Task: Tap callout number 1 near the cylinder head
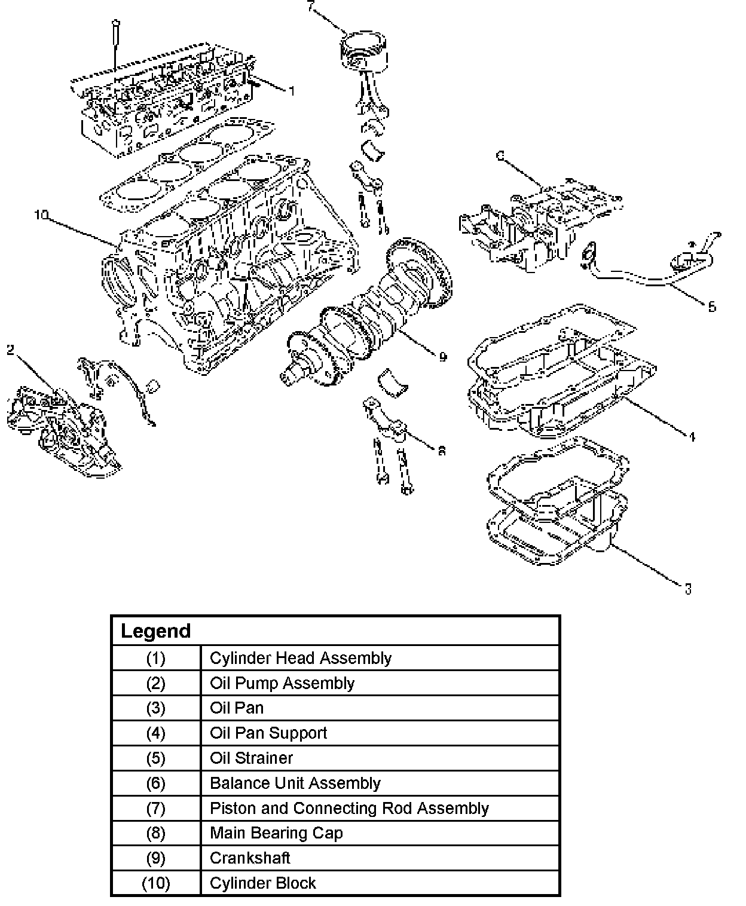click(x=292, y=91)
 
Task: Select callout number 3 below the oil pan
click(x=688, y=589)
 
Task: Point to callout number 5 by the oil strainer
click(x=712, y=307)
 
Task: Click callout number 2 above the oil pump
click(x=10, y=350)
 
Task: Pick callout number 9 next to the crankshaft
click(x=442, y=357)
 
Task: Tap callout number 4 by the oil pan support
click(x=692, y=437)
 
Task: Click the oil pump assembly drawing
click(x=63, y=430)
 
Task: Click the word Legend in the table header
click(x=155, y=631)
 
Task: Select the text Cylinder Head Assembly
click(x=300, y=658)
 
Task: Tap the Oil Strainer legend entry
click(x=251, y=758)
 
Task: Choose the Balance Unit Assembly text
click(x=295, y=783)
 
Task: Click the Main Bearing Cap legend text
click(x=276, y=832)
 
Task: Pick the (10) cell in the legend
click(x=155, y=883)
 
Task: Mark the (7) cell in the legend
click(x=155, y=808)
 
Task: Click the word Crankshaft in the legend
click(x=250, y=858)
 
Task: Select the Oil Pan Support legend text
click(x=268, y=733)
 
